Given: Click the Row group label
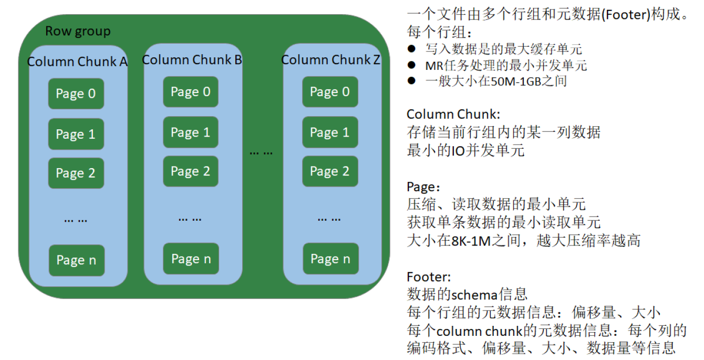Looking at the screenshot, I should point(78,31).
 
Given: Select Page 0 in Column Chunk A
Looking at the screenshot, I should point(76,94).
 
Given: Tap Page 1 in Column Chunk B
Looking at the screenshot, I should point(190,132).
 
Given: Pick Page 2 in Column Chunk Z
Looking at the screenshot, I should point(329,171).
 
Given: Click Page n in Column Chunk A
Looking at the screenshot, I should point(76,260).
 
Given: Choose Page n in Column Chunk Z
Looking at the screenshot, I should point(330,259).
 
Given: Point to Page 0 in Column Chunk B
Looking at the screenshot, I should point(190,92).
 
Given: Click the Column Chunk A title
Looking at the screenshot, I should point(77,61).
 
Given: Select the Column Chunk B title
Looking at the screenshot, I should point(192,60).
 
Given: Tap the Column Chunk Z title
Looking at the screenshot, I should point(330,60).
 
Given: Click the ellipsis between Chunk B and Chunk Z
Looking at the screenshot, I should point(261,152).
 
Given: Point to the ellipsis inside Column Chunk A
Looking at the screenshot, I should point(76,220).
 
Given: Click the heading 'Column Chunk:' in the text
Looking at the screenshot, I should point(453,114).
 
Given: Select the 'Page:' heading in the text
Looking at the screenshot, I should point(421,187).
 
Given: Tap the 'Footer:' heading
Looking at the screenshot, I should point(429,277).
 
